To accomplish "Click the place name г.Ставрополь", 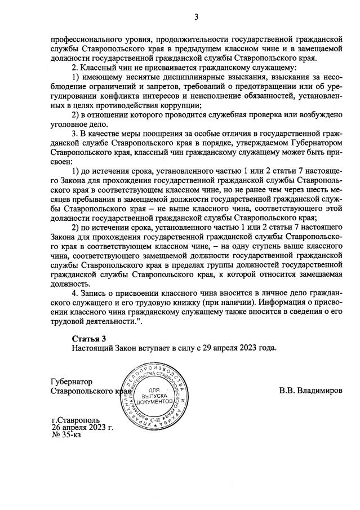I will tap(75, 420).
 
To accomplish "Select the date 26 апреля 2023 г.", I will tap(82, 428).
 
